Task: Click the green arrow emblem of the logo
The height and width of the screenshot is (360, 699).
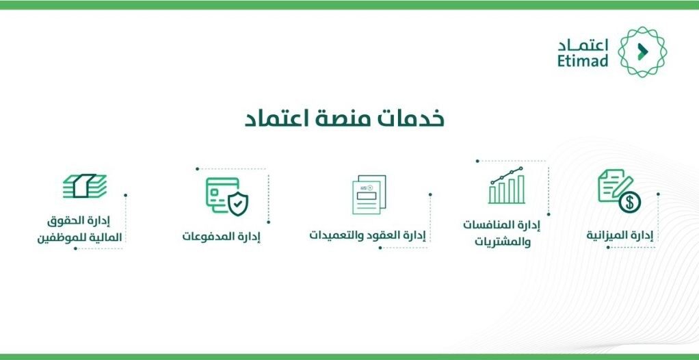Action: pos(642,51)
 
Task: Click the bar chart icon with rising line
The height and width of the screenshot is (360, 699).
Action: pos(506,185)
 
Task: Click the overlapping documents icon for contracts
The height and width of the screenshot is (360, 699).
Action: pos(369,194)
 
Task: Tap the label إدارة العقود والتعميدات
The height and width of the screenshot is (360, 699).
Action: pos(367,235)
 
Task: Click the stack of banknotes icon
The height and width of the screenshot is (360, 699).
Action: pos(85,185)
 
